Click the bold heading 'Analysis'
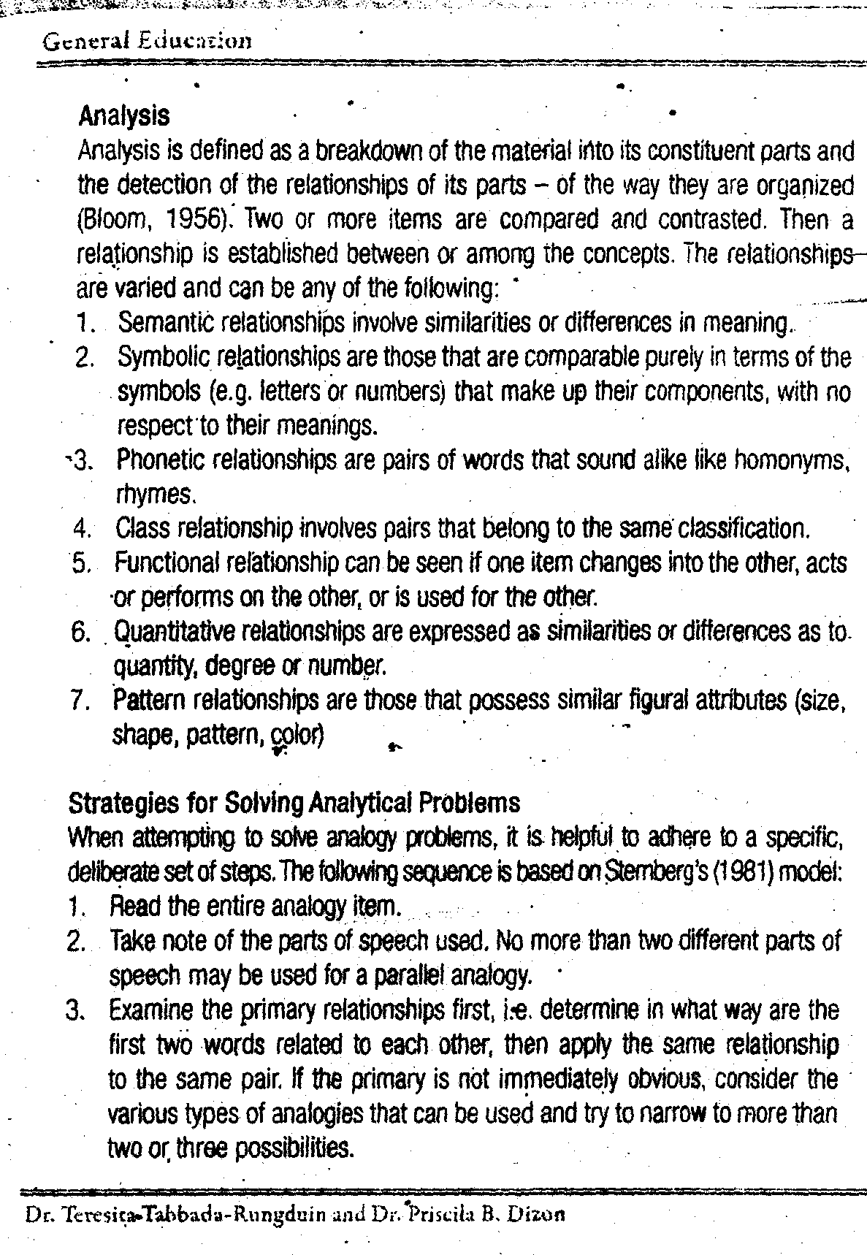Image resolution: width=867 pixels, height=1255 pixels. [123, 115]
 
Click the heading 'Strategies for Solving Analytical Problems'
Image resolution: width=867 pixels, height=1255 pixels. [294, 803]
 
